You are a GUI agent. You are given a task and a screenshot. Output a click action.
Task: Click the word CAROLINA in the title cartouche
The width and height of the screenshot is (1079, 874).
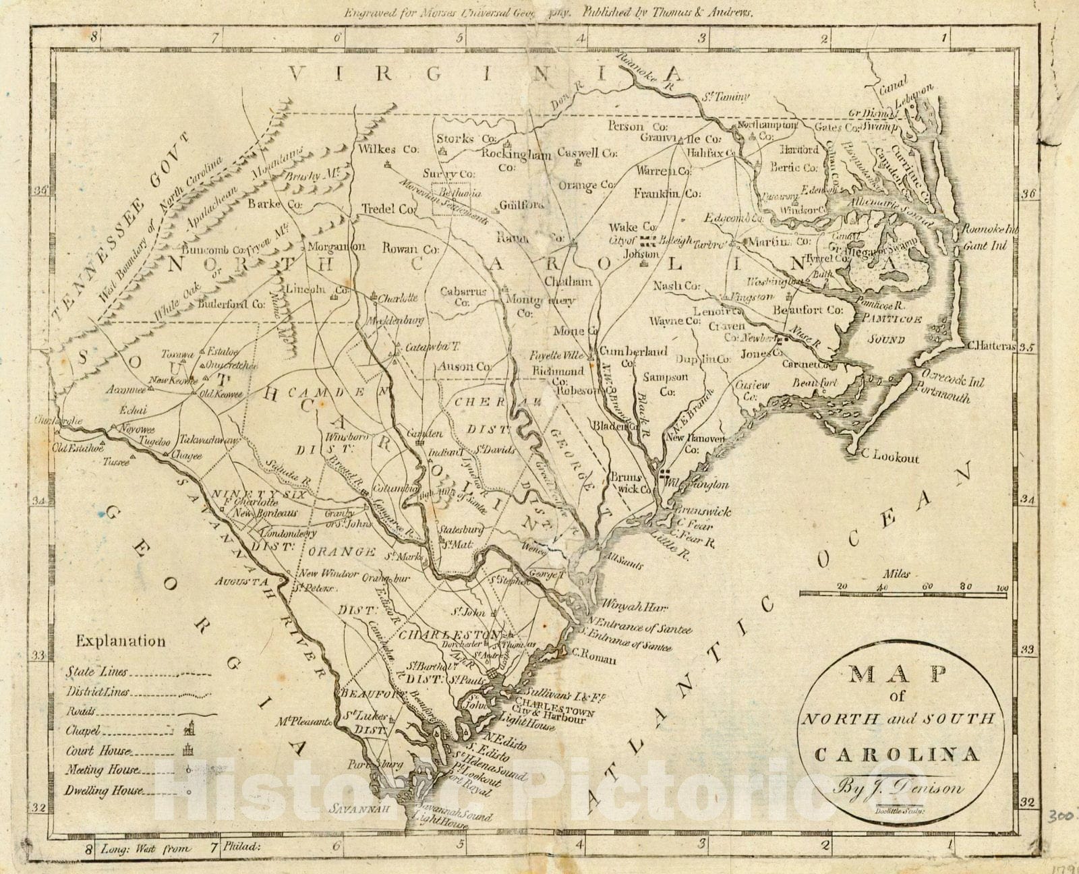[897, 754]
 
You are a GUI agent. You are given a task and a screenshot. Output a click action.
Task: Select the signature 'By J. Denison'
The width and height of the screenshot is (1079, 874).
[898, 786]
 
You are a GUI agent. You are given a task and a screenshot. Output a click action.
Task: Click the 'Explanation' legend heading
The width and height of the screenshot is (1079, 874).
[121, 641]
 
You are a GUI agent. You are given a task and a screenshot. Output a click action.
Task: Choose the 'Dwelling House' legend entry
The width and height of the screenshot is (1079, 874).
[104, 791]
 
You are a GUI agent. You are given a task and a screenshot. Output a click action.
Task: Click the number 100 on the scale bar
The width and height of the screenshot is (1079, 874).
[1001, 587]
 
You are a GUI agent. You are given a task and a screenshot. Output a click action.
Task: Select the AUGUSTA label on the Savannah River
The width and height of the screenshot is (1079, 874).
[242, 581]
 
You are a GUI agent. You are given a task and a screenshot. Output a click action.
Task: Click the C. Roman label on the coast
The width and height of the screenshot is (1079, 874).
[594, 660]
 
